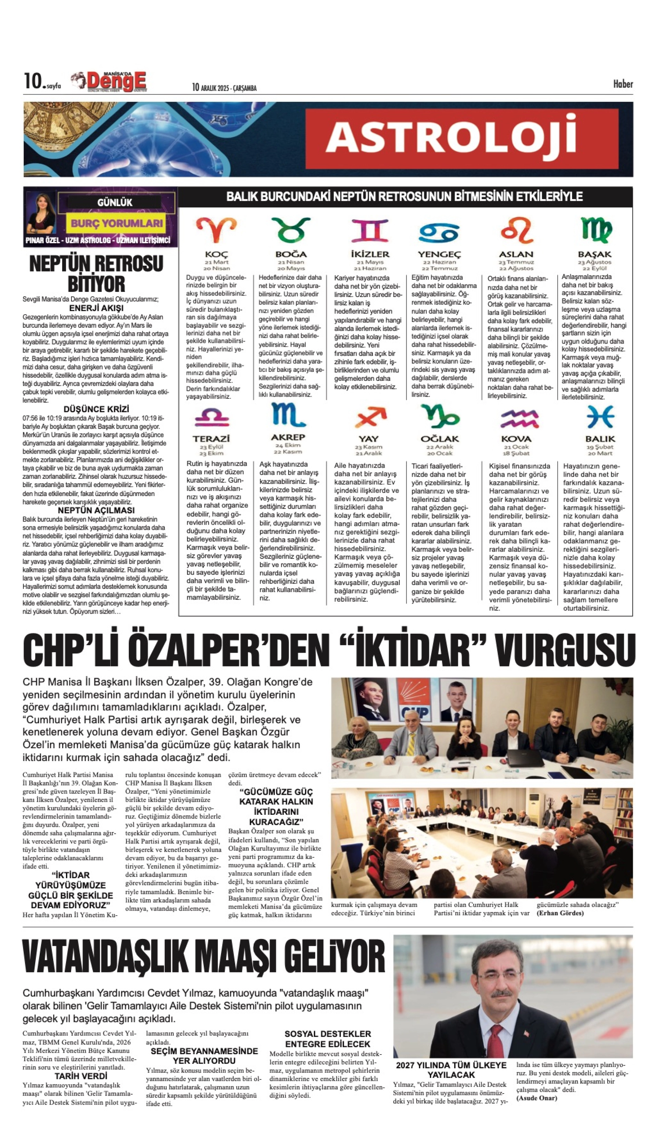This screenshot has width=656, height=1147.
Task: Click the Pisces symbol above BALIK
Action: tap(600, 417)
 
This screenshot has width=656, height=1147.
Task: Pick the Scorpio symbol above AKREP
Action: tap(288, 415)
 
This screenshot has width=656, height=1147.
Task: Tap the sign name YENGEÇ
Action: tap(439, 254)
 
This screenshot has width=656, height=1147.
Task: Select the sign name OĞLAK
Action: tap(439, 439)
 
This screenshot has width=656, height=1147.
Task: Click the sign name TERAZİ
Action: tap(211, 439)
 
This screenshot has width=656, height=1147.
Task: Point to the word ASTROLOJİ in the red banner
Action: tap(451, 137)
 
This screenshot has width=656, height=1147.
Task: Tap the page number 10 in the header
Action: tap(32, 81)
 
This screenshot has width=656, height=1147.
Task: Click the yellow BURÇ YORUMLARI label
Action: tap(117, 223)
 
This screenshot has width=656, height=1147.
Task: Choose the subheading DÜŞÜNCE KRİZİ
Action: tap(96, 409)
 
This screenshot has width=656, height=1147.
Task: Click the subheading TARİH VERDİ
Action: tap(81, 1076)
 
